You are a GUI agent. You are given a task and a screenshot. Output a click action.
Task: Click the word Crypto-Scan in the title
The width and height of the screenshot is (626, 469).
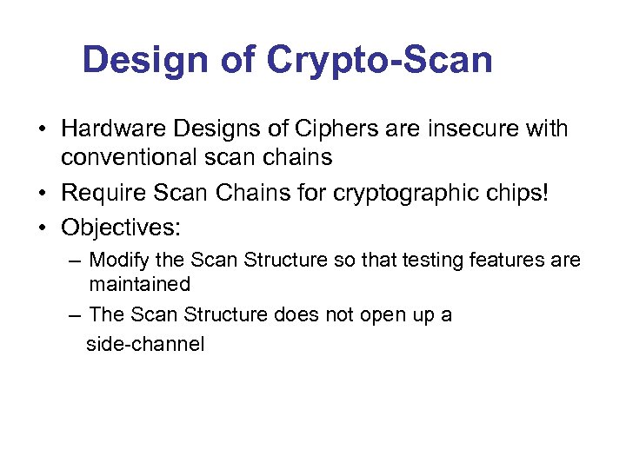380,61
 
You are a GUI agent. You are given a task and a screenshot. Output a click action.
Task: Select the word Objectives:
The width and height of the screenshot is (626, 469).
121,228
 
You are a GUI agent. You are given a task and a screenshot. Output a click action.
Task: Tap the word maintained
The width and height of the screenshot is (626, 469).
139,284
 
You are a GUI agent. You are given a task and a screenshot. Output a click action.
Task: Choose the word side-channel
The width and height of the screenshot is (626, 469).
145,345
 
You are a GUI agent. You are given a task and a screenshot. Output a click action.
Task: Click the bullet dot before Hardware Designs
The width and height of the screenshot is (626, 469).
42,130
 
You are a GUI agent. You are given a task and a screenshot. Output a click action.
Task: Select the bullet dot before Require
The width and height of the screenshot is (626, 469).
42,193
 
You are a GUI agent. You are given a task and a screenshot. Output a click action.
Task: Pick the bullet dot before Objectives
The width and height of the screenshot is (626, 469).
42,228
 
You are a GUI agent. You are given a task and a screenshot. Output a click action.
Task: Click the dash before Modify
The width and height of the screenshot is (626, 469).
75,261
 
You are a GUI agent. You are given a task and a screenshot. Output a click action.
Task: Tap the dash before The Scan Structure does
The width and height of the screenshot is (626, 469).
75,315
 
